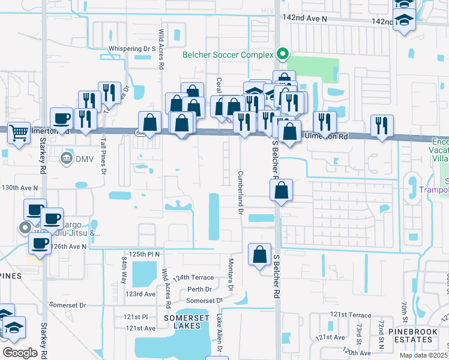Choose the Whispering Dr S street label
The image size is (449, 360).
132,49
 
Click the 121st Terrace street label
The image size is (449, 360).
351,315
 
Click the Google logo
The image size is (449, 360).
20,352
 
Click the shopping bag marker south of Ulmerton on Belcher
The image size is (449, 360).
281,191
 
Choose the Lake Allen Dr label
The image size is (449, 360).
219,333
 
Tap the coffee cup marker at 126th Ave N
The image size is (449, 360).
40,244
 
